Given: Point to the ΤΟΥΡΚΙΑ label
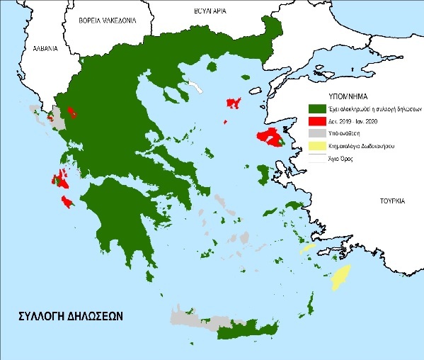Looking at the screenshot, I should pyautogui.click(x=390, y=201).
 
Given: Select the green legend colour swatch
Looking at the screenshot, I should pyautogui.click(x=320, y=108).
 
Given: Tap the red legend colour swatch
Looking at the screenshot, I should pyautogui.click(x=320, y=120).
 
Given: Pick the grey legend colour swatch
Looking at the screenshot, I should pyautogui.click(x=320, y=133).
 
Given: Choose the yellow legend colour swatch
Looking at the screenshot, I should pyautogui.click(x=320, y=146).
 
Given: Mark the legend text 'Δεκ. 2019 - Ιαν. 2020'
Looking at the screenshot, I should pyautogui.click(x=354, y=120).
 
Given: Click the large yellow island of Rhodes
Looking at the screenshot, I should pyautogui.click(x=343, y=277).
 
